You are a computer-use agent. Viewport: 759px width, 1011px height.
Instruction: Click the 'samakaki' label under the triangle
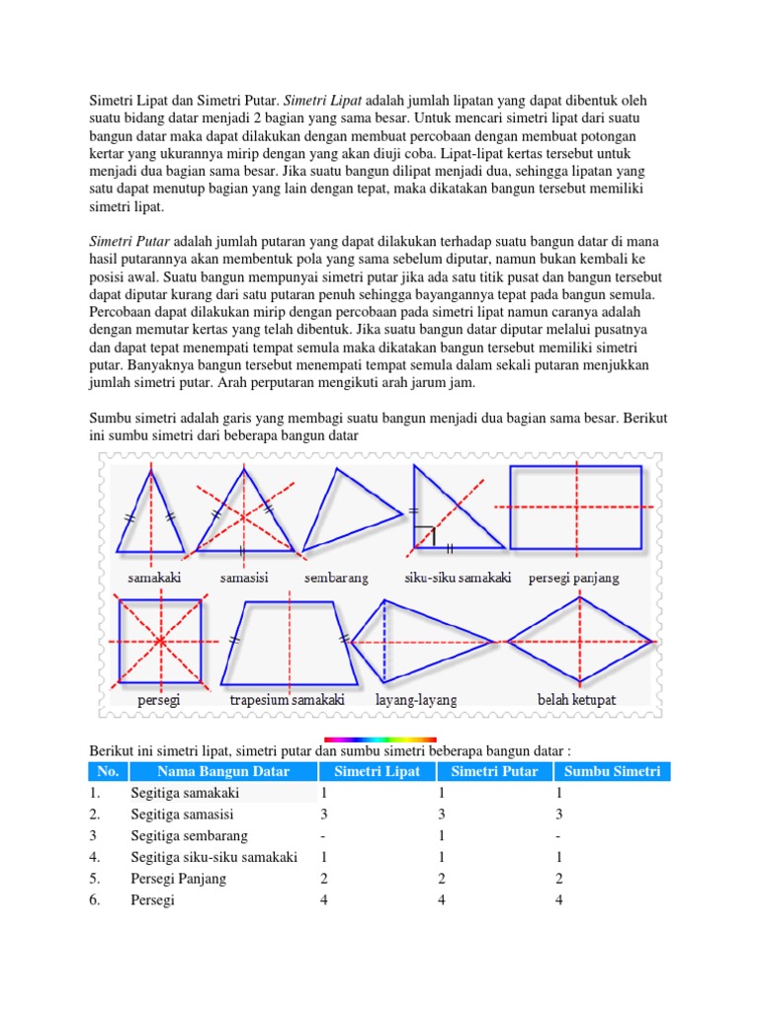[153, 578]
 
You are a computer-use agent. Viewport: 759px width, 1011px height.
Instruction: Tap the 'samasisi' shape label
[244, 578]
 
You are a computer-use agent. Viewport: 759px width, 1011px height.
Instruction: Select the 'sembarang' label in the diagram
[336, 578]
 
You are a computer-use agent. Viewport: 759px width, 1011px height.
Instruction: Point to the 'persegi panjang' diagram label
[573, 578]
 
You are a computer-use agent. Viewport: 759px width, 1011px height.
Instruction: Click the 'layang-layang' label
[416, 699]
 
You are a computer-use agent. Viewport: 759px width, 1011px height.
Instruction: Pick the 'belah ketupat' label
[576, 699]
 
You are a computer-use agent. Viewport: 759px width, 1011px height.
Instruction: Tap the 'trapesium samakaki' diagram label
[287, 699]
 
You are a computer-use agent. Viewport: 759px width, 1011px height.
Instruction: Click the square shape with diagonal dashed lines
[160, 641]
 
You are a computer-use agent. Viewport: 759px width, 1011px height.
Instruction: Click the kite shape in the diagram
[420, 641]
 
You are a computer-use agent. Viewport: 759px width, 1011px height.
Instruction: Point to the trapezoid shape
[289, 641]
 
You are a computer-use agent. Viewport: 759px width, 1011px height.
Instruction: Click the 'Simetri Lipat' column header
[377, 771]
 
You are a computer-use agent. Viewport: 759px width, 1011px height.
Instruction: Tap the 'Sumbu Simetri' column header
[612, 771]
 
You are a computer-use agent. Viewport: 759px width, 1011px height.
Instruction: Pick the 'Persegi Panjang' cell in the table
[178, 878]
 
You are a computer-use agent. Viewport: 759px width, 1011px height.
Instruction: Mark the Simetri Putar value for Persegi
[443, 899]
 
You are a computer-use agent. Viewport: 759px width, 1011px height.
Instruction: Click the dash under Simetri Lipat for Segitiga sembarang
[323, 835]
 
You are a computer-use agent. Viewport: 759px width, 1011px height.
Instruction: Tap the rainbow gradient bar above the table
[380, 739]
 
